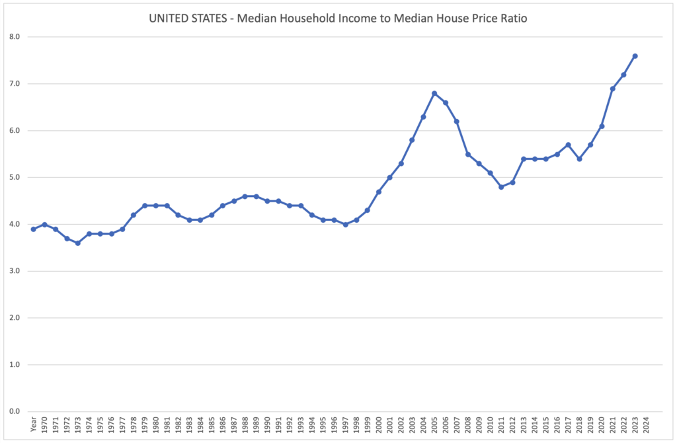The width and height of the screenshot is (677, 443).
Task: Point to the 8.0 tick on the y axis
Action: coord(15,37)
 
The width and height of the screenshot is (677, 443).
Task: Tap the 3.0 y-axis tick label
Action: coord(15,270)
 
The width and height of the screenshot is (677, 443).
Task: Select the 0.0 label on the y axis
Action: coord(15,411)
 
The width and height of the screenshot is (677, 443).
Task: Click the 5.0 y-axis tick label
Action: coord(15,177)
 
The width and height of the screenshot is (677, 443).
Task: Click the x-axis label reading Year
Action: coord(34,424)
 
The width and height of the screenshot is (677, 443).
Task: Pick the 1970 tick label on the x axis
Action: coord(44,425)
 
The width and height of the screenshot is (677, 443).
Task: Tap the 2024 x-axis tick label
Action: coord(646,425)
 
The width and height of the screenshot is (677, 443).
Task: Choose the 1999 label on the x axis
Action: coord(368,425)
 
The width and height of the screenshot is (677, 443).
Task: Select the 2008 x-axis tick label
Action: coord(467,425)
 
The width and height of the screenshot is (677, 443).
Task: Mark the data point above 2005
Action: coord(434,93)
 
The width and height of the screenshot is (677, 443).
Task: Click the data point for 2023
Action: coord(635,56)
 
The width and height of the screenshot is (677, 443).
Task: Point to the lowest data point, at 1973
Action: coord(78,243)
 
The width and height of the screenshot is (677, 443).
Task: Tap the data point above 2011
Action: coord(501,187)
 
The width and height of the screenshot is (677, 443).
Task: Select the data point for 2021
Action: coord(613,89)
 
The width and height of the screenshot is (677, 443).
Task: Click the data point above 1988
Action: coord(245,196)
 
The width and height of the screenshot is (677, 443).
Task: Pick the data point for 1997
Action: coord(345,225)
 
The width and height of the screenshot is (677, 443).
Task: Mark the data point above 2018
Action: coord(579,159)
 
